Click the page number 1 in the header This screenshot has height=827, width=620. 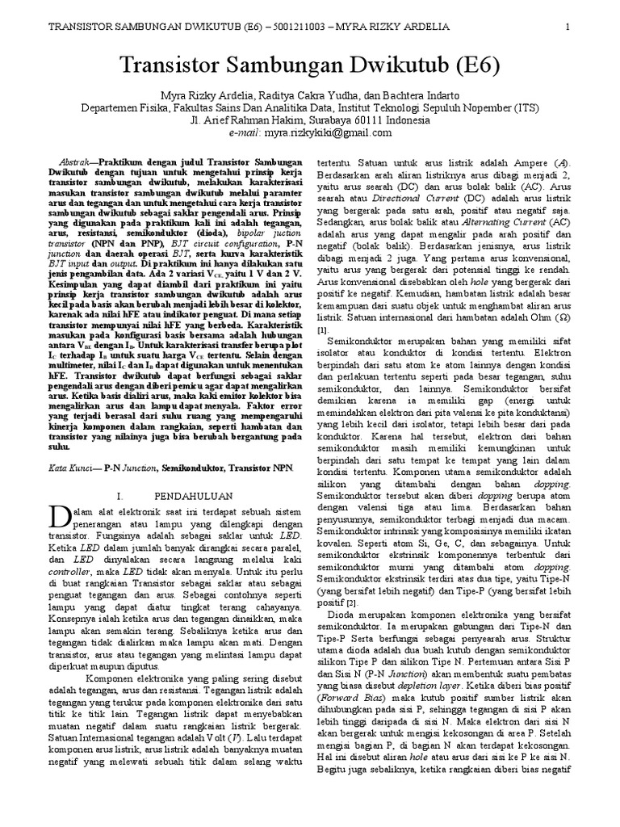tap(568, 27)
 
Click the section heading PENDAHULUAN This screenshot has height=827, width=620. tap(192, 494)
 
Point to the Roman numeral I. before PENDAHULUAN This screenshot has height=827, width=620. tap(120, 494)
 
